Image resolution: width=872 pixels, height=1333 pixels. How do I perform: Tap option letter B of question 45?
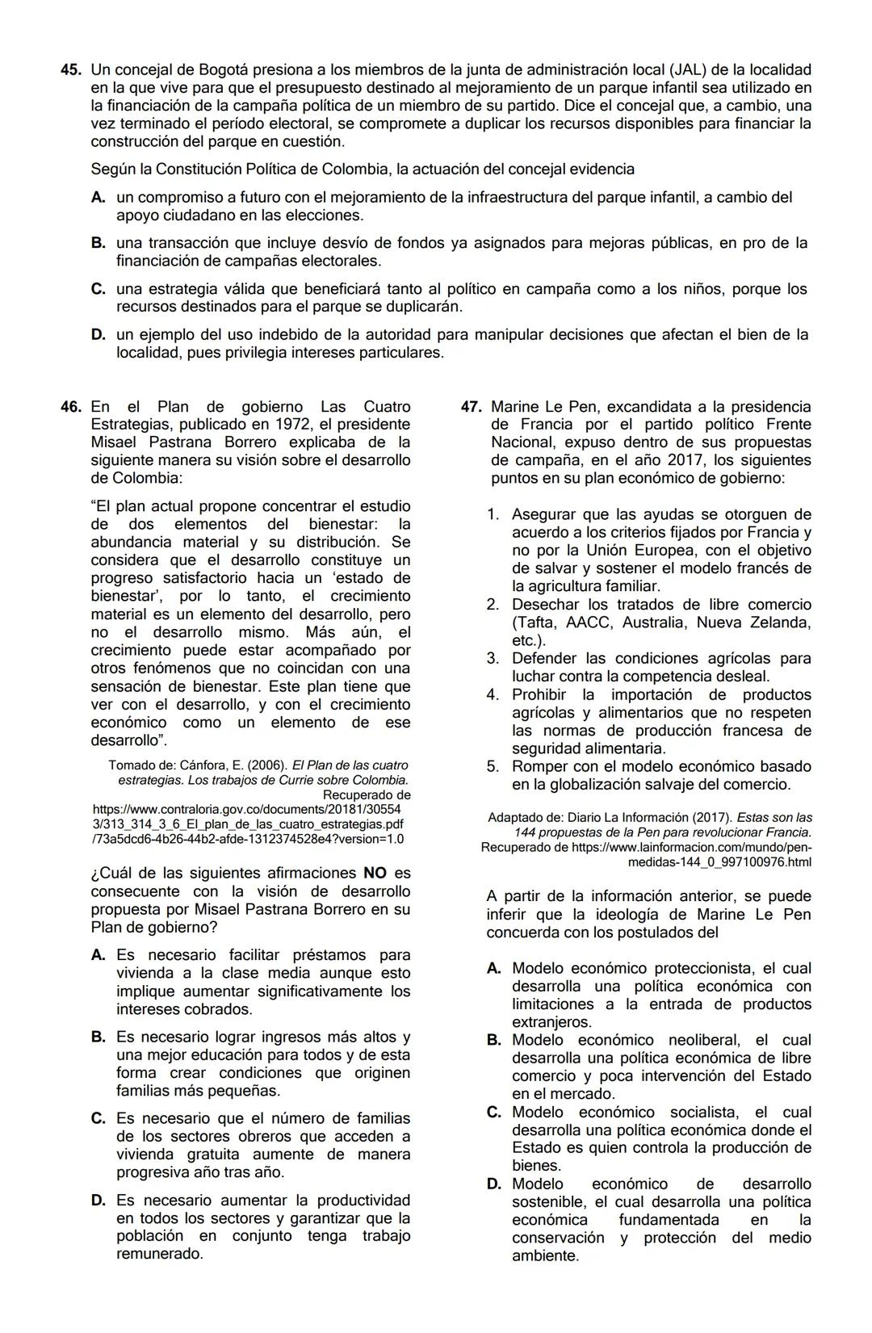[x=98, y=243]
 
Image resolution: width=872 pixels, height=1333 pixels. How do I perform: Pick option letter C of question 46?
[x=98, y=1119]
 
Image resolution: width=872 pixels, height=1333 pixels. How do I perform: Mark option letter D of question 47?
[x=494, y=1184]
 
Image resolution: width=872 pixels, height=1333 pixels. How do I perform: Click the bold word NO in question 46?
[x=375, y=874]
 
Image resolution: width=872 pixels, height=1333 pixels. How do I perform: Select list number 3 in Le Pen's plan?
[x=493, y=659]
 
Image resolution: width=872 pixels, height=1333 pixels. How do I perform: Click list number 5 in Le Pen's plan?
[x=493, y=767]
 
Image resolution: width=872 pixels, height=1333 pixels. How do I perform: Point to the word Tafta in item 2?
[x=537, y=622]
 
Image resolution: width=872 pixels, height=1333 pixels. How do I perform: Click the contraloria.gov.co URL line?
[x=247, y=809]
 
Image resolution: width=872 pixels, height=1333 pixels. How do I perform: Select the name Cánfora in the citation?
[x=204, y=765]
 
